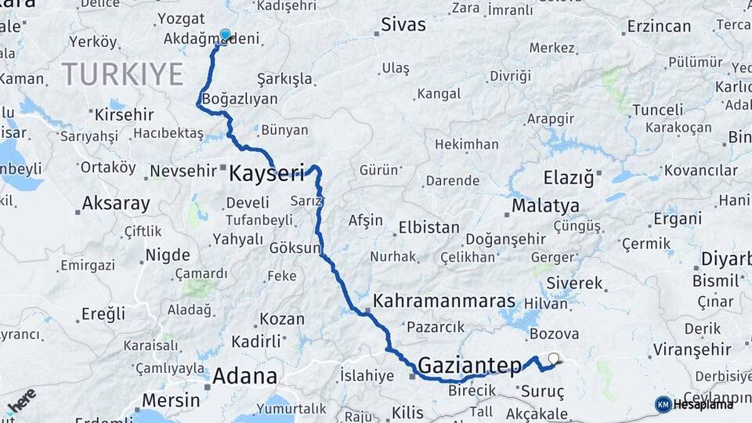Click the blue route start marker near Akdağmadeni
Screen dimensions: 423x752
click(226, 34)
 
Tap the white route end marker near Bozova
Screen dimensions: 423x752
click(555, 360)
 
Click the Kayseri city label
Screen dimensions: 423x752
click(266, 173)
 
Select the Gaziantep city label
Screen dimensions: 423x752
click(470, 364)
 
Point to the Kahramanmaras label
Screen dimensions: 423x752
click(444, 301)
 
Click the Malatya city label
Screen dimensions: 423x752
click(545, 206)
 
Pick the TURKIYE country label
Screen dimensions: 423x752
click(122, 74)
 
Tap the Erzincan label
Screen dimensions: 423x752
click(659, 26)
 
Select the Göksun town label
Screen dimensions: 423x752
click(296, 248)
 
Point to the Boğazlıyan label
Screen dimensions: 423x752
click(240, 99)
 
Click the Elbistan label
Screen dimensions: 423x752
click(428, 228)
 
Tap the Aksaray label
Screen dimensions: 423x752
click(116, 204)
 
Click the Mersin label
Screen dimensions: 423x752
click(170, 400)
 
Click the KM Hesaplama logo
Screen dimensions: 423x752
click(694, 403)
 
